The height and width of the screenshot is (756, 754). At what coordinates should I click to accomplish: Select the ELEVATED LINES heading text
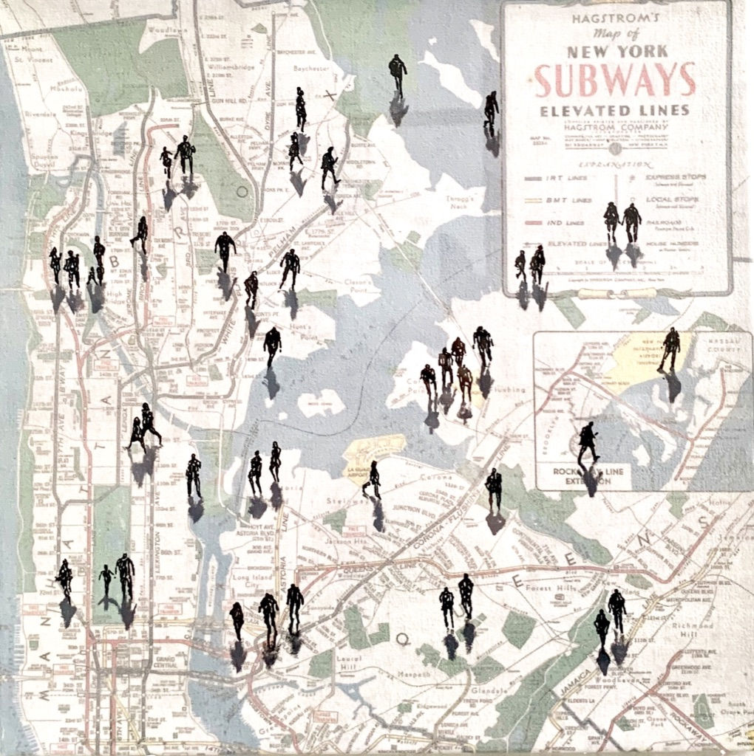[x=615, y=111]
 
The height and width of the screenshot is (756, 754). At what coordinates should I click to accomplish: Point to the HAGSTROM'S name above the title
[x=615, y=18]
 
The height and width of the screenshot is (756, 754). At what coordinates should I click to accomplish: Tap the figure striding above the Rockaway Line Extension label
[x=588, y=442]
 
